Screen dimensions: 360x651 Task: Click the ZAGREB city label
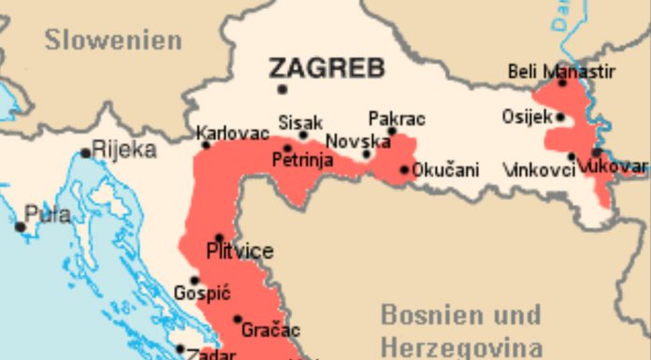pos(326,67)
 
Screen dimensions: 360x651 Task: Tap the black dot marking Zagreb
pos(282,90)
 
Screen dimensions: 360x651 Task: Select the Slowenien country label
pos(112,40)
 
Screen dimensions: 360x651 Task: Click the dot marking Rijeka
pos(86,153)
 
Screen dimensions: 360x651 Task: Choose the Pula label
pos(47,214)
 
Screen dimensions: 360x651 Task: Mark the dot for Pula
pos(20,226)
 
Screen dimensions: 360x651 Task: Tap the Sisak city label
pos(300,122)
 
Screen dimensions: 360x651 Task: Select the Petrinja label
pos(302,160)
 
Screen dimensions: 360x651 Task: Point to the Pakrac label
pos(397,119)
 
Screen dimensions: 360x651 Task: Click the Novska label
pos(351,141)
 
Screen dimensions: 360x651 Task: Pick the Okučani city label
pos(446,170)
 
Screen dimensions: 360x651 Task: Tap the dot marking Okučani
pos(404,170)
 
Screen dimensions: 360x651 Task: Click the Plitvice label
pos(239,251)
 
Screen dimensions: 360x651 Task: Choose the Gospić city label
pos(200,293)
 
